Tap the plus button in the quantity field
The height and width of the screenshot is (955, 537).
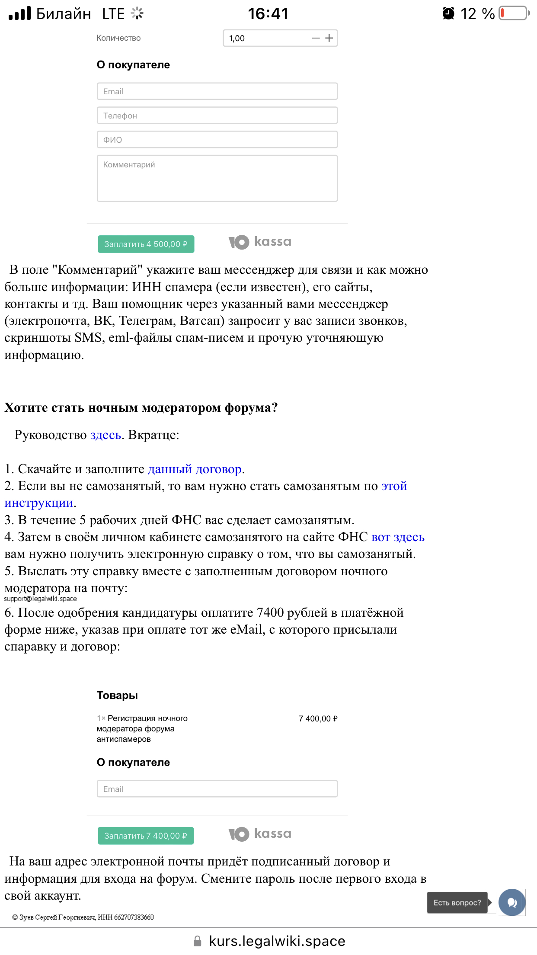pyautogui.click(x=329, y=38)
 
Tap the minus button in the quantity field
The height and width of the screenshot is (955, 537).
pyautogui.click(x=316, y=38)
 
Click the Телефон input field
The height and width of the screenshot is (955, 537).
pyautogui.click(x=217, y=115)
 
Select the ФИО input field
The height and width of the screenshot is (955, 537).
pyautogui.click(x=217, y=140)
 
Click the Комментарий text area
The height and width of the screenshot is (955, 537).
pyautogui.click(x=217, y=178)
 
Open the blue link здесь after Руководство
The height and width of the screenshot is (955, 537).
pyautogui.click(x=105, y=435)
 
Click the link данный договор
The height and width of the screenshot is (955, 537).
pyautogui.click(x=195, y=469)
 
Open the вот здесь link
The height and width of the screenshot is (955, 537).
pyautogui.click(x=398, y=537)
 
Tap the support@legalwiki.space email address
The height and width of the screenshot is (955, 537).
pyautogui.click(x=41, y=599)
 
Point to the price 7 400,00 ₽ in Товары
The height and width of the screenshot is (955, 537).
pyautogui.click(x=318, y=718)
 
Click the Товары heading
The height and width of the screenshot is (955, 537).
pyautogui.click(x=117, y=695)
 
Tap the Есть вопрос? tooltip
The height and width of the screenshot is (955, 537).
pyautogui.click(x=457, y=903)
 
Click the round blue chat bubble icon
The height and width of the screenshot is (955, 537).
pyautogui.click(x=511, y=902)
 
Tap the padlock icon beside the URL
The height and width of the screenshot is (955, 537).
pyautogui.click(x=197, y=941)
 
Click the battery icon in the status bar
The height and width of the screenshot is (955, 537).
pyautogui.click(x=514, y=13)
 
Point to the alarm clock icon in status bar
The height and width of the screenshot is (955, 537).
pyautogui.click(x=448, y=13)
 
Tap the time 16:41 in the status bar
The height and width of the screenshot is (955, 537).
pyautogui.click(x=268, y=13)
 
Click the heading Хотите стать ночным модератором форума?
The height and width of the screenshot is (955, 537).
pyautogui.click(x=141, y=407)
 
